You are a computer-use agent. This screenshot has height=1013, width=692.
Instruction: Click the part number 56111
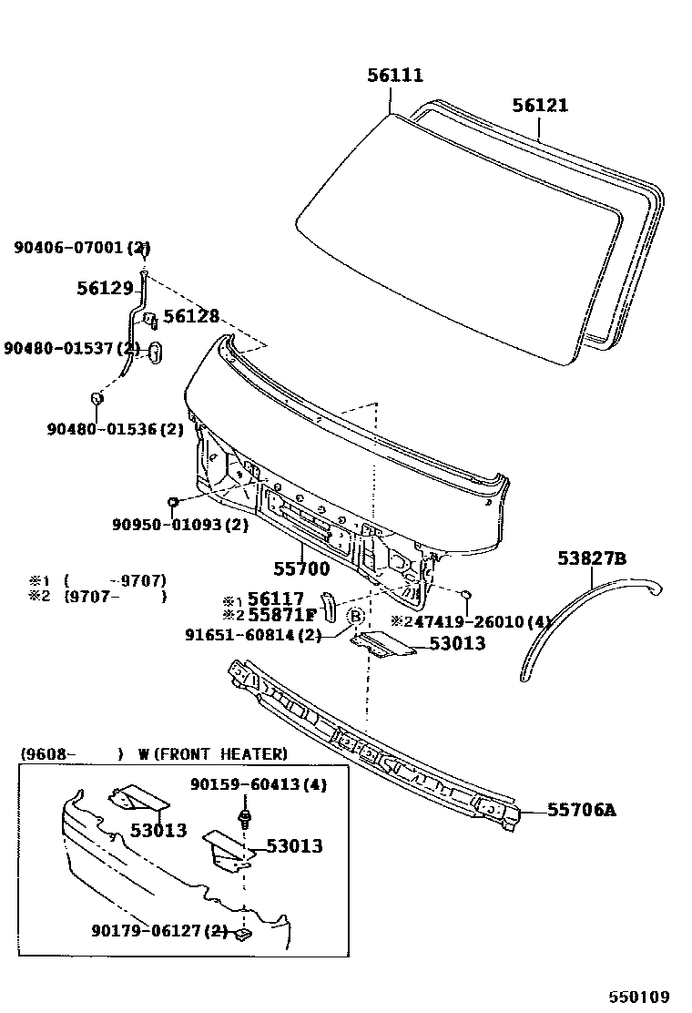pos(395,76)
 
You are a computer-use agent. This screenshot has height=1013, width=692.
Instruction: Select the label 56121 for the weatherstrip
pos(539,106)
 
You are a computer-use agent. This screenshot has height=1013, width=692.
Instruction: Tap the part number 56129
pos(105,288)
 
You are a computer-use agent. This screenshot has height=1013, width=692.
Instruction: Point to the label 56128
pos(191,316)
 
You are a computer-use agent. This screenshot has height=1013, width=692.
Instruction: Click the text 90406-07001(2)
pos(82,247)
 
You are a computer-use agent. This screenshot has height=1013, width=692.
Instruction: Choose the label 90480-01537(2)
pos(72,348)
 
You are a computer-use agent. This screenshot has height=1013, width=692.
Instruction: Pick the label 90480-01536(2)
pos(116,428)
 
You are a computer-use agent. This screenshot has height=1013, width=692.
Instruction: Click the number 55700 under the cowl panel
pos(302,569)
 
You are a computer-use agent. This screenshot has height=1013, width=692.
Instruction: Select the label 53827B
pos(592,558)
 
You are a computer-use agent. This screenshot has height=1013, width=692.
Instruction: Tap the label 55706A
pos(581,810)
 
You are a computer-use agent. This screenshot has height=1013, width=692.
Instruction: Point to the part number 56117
pos(276,599)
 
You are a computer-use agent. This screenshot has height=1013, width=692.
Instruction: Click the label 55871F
pos(281,616)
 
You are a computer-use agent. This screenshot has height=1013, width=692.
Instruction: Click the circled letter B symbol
pos(356,616)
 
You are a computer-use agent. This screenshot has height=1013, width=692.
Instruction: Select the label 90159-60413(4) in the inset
pos(258,784)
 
